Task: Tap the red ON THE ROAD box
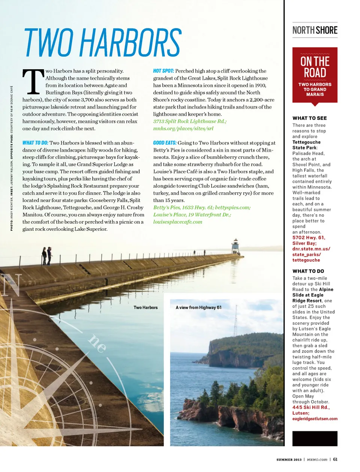click(315, 75)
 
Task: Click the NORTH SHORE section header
click(315, 30)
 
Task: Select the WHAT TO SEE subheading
click(309, 118)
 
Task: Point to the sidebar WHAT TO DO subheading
click(308, 271)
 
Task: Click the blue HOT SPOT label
click(163, 71)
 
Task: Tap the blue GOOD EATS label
click(165, 143)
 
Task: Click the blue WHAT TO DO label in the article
click(35, 143)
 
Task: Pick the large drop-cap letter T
click(33, 82)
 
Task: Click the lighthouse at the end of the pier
click(235, 246)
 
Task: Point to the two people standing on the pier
click(47, 256)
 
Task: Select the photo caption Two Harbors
click(145, 308)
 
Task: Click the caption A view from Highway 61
click(198, 308)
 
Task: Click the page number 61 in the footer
click(335, 459)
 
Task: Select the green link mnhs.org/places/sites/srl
click(183, 128)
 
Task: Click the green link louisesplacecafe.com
click(177, 222)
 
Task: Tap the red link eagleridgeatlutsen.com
click(315, 419)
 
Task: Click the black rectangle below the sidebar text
click(315, 438)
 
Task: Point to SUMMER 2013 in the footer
click(289, 460)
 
